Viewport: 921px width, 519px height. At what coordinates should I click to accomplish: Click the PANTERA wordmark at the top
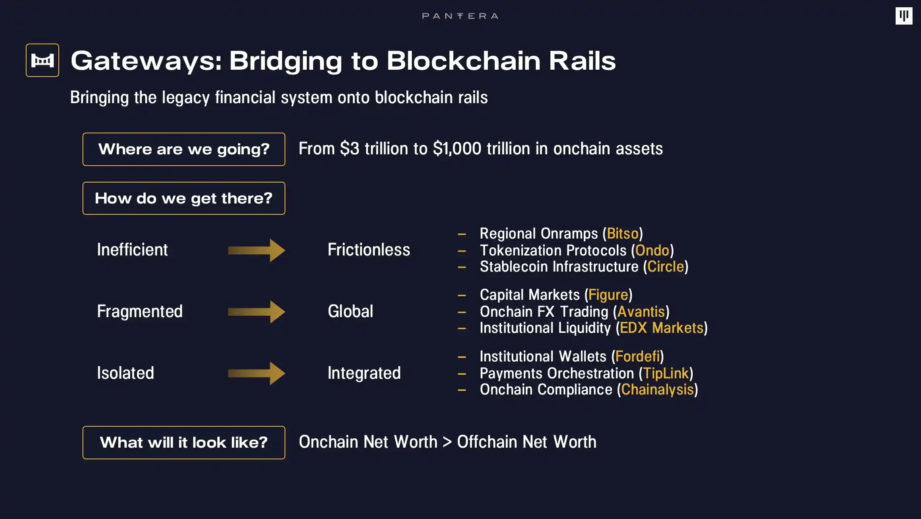(460, 16)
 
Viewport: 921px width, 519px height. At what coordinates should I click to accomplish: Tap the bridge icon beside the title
(42, 60)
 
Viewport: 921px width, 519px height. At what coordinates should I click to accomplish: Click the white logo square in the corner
(904, 16)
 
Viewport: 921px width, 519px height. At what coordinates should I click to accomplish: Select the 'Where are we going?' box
(184, 149)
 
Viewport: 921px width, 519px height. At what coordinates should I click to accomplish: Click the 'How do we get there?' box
(184, 198)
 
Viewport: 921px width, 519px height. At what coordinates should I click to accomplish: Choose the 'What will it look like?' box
(184, 442)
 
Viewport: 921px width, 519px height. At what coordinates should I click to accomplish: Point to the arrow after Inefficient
(256, 250)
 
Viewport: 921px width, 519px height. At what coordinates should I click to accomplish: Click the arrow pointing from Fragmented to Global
(256, 311)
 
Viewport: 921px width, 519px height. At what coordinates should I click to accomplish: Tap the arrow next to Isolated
(256, 373)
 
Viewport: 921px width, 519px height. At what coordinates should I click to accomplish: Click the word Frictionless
(369, 250)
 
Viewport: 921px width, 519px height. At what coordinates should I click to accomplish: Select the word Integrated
(364, 373)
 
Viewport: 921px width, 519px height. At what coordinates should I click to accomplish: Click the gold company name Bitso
(623, 234)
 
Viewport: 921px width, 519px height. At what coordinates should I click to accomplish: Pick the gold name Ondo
(652, 251)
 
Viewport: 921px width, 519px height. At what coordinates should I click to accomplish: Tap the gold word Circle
(665, 267)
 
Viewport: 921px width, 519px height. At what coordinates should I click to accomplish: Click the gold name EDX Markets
(661, 328)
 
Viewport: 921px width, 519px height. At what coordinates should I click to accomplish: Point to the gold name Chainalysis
(657, 390)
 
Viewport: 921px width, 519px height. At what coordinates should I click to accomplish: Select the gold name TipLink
(666, 374)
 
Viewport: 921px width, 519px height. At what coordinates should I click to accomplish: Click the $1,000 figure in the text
(457, 149)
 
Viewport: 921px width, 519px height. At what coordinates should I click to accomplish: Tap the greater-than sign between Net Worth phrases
(447, 442)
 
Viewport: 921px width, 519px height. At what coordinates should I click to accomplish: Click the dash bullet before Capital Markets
(462, 295)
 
